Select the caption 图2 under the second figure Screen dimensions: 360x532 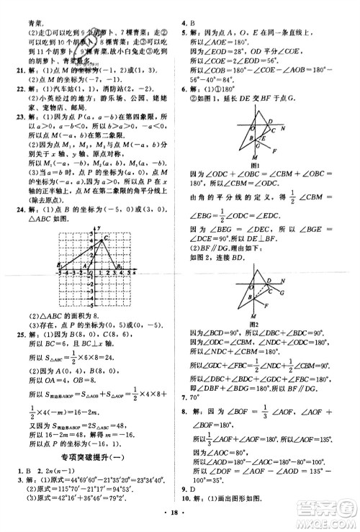pyautogui.click(x=254, y=324)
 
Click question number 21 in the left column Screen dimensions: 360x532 pyautogui.click(x=22, y=67)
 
